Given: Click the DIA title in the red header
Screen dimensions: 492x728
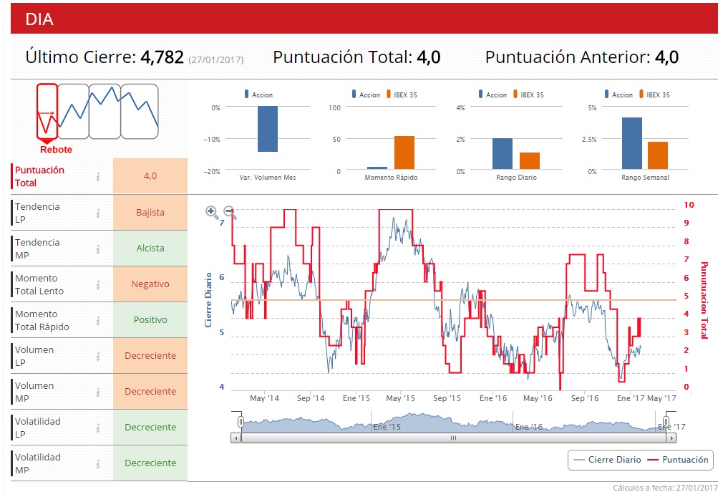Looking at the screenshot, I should [39, 19].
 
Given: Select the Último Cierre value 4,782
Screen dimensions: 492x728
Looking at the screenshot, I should [162, 57].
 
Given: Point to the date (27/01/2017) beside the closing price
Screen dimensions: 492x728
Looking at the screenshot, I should [216, 60].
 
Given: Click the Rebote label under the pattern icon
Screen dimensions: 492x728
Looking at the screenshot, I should [56, 150].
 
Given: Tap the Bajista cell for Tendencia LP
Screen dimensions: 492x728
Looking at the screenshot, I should [150, 212].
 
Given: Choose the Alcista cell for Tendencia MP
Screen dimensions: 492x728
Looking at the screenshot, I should [150, 248].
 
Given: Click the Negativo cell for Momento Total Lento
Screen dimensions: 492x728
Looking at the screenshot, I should [150, 284].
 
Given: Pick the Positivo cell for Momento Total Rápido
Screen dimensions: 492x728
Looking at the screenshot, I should [150, 319].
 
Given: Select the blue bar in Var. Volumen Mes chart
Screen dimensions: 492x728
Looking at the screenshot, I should [268, 129].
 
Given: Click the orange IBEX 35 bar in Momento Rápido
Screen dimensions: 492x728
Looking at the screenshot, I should [404, 153].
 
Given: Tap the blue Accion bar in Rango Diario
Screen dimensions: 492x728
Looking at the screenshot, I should [503, 154].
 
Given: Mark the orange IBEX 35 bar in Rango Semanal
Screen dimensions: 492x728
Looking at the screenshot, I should [658, 155].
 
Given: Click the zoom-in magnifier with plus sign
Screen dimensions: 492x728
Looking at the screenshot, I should [212, 211].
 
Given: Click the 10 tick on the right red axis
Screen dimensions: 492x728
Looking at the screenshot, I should [689, 204].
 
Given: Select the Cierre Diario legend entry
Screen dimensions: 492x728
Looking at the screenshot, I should [608, 460].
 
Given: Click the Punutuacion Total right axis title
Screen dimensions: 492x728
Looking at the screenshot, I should [704, 299].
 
